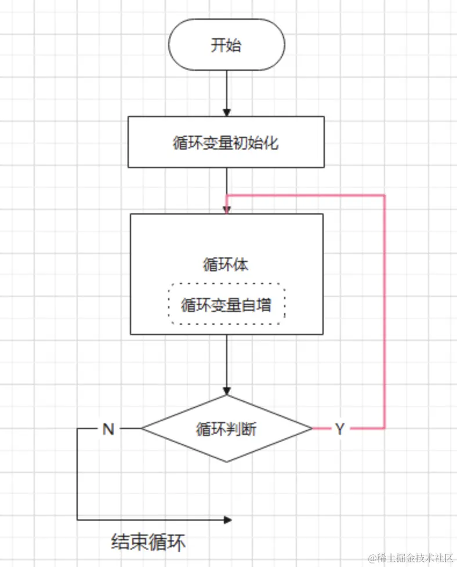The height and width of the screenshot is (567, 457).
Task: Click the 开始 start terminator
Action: pos(226,45)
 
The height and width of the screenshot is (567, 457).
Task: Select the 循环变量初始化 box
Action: pos(226,142)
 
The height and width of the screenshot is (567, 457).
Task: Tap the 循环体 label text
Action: pos(226,264)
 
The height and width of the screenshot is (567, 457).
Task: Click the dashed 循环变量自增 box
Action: pos(226,304)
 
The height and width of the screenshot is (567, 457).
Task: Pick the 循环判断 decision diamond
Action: pos(226,429)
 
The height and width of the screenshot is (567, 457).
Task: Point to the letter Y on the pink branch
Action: pos(340,429)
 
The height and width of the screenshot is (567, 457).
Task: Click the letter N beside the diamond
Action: pos(108,429)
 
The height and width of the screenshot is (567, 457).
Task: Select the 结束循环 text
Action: pos(149,543)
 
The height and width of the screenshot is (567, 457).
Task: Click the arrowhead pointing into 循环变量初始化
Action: pos(227,112)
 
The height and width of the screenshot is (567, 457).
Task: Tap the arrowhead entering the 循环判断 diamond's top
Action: pos(227,391)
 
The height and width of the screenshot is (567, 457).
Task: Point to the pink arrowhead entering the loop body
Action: pos(227,209)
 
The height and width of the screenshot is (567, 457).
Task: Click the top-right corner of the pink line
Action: pos(385,195)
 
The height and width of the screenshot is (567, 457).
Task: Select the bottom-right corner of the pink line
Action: pos(385,428)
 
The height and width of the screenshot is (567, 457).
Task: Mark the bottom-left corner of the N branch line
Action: pos(78,520)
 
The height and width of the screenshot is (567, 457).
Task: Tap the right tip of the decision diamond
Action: pos(313,429)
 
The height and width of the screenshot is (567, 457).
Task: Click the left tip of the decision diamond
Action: pos(142,429)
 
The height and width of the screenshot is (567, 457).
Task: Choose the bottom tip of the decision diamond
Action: pos(227,462)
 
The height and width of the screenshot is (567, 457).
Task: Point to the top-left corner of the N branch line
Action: pos(78,429)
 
